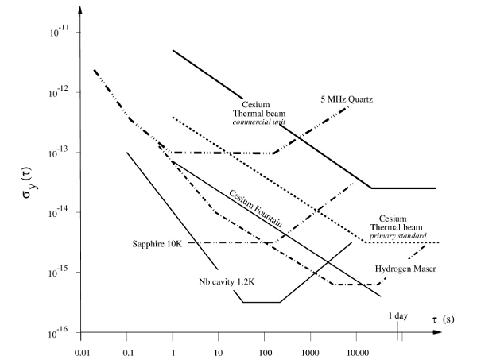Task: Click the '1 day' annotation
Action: pyautogui.click(x=399, y=316)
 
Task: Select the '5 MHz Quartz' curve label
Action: pyautogui.click(x=345, y=99)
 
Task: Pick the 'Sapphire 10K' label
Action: pyautogui.click(x=158, y=242)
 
